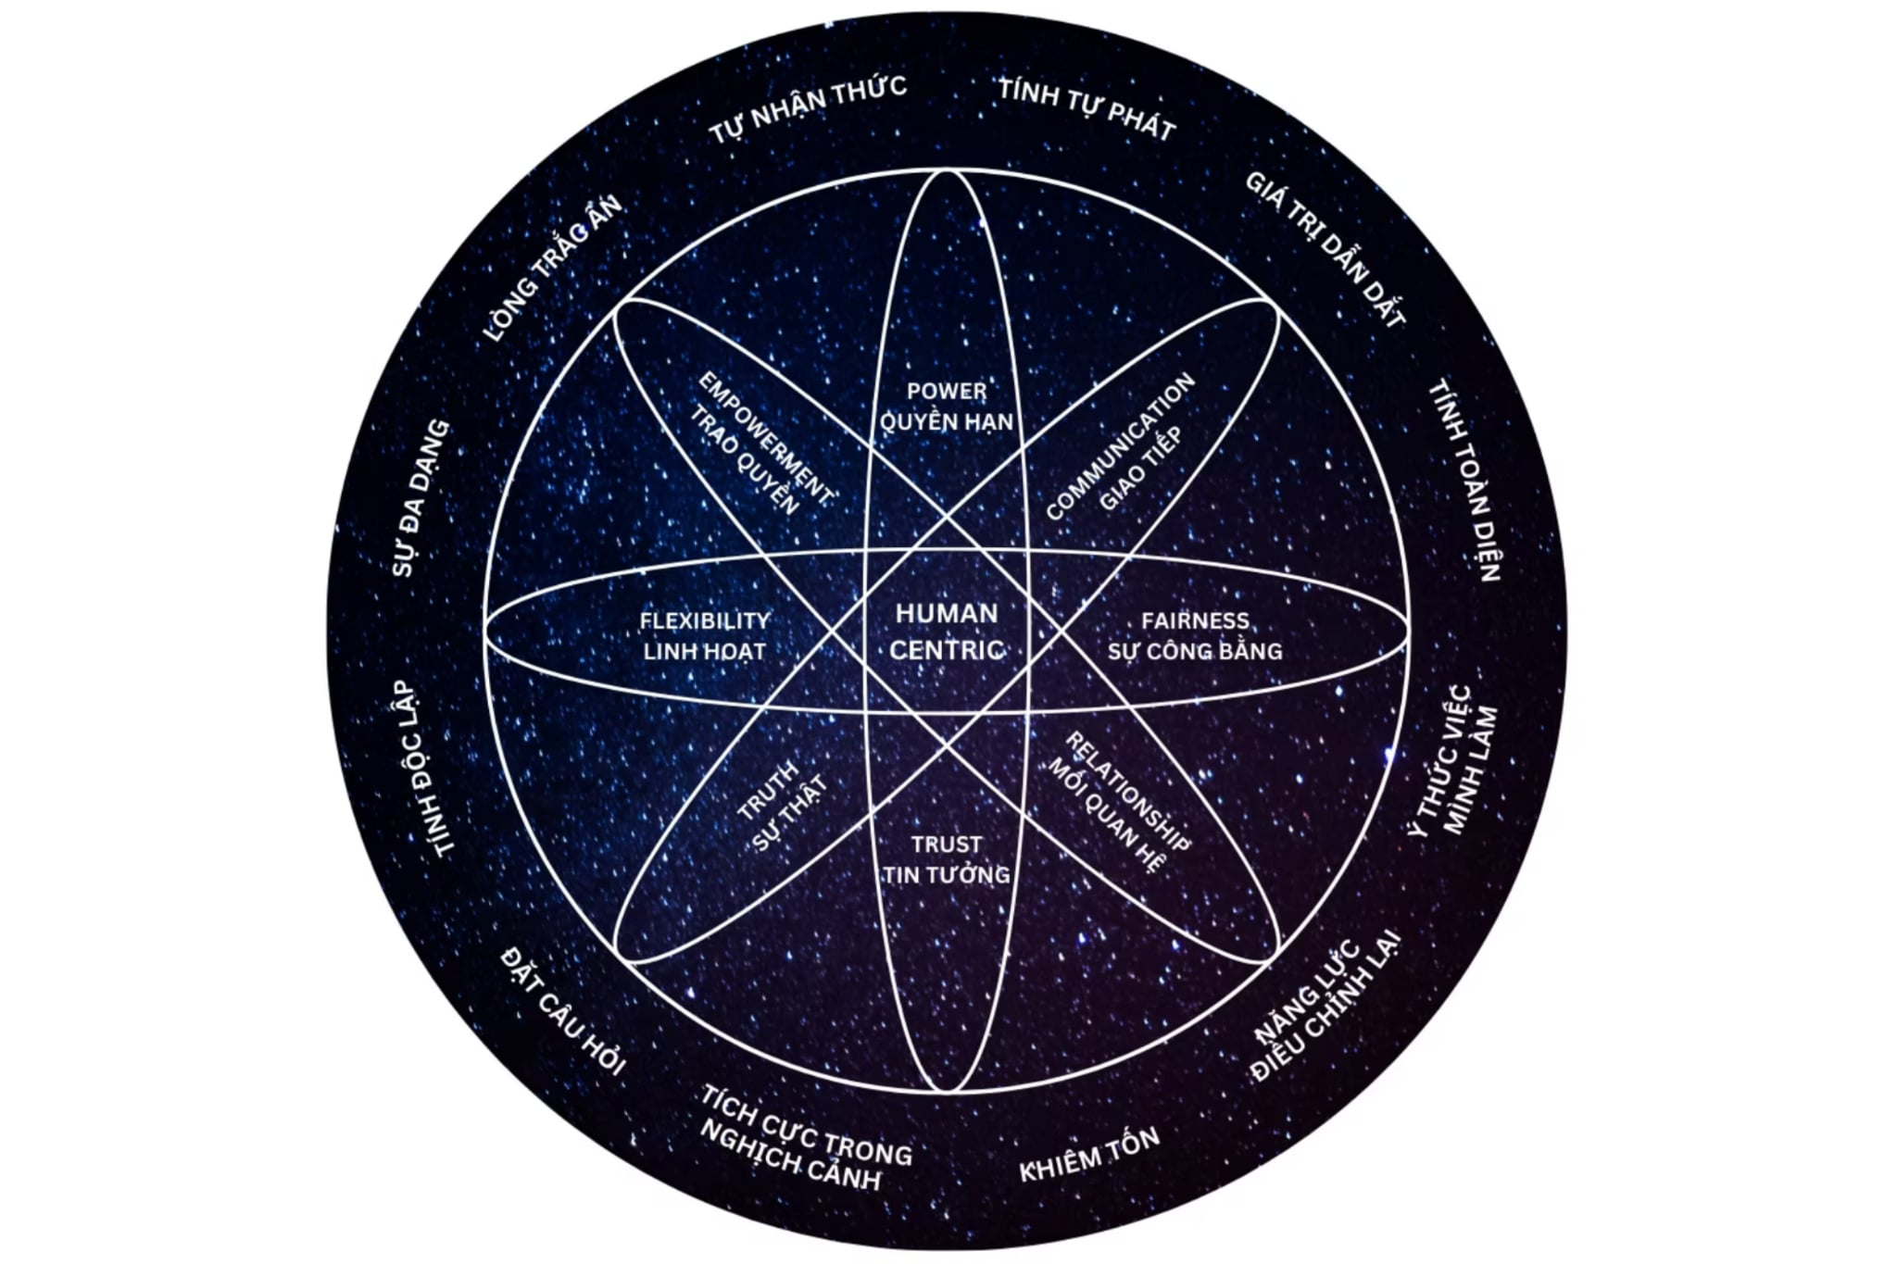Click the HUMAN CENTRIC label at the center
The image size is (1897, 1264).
click(x=947, y=632)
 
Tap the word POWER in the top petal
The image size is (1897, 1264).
click(x=947, y=391)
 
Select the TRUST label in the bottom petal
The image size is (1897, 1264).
click(x=946, y=844)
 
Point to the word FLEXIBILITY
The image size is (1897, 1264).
click(x=704, y=620)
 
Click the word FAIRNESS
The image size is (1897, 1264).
click(x=1195, y=620)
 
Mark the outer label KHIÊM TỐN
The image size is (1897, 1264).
click(x=1089, y=1155)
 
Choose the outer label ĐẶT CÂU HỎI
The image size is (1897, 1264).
click(x=563, y=1010)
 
